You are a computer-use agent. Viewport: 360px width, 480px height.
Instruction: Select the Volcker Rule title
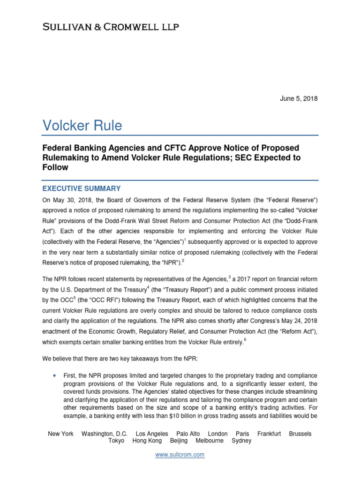point(82,125)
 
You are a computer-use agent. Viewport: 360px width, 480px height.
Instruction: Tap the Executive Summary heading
point(82,188)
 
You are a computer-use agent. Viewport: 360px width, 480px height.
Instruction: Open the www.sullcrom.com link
point(180,455)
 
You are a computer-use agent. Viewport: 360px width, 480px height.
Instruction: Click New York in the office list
point(61,434)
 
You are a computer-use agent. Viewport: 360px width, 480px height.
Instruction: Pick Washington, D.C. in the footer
point(105,434)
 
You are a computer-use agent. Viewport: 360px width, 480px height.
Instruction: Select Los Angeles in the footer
point(152,434)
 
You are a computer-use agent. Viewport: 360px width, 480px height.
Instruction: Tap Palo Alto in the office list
point(188,434)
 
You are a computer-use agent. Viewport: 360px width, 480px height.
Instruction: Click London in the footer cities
point(217,434)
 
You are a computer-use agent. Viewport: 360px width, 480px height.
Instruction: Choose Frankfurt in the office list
point(269,434)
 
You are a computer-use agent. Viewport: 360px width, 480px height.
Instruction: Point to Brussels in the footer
point(300,434)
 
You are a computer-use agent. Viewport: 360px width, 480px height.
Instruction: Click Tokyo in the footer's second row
point(116,441)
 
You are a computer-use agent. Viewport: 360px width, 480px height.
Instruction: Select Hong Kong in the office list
point(147,441)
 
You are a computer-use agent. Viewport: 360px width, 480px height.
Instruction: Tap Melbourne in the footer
point(210,441)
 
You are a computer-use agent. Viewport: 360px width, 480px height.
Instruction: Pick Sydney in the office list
point(241,441)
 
